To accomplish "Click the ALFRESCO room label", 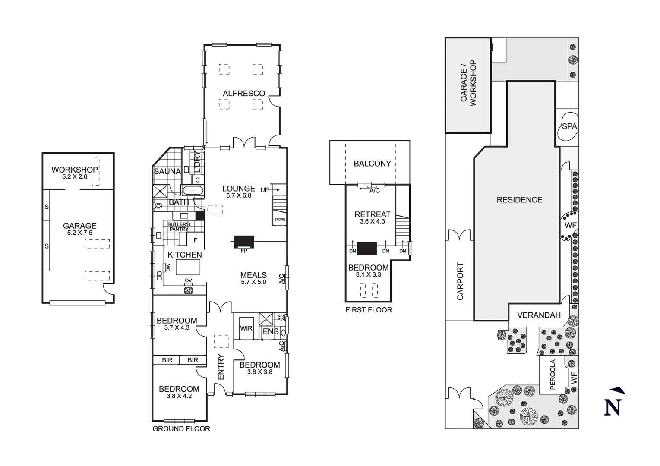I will point(243,93).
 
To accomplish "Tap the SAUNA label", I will point(167,171).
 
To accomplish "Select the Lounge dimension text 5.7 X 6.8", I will point(238,195).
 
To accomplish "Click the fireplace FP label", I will point(244,251).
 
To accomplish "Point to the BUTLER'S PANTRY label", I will point(179,227).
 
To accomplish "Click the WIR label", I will point(246,328).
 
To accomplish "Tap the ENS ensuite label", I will point(271,331).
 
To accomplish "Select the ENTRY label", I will point(221,367).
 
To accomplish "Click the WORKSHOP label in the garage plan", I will point(75,170).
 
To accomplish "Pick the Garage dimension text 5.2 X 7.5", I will point(79,233).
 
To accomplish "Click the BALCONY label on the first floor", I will point(372,164).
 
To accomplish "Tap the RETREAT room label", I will point(372,214).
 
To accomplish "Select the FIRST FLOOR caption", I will point(369,310).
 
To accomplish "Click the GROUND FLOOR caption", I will point(181,429).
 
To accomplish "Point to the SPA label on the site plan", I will point(569,126).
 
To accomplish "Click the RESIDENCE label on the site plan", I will point(519,200).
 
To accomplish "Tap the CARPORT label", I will point(460,281).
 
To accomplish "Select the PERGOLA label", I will point(553,375).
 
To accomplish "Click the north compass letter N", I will point(613,407).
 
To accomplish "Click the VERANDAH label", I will point(539,315).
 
